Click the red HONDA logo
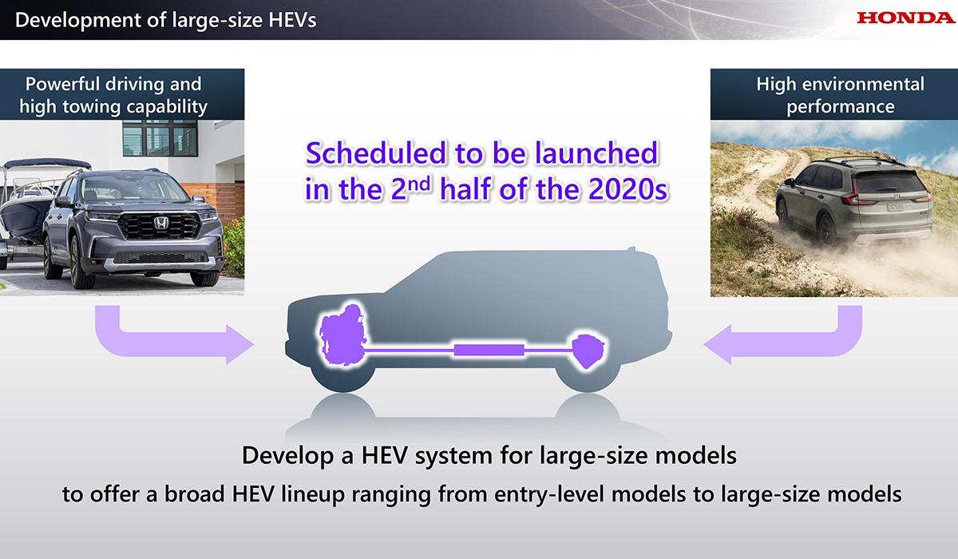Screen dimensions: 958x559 click(x=906, y=18)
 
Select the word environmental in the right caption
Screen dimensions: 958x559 click(x=863, y=84)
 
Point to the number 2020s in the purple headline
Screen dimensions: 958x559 click(x=627, y=188)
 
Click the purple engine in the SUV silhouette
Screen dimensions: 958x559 click(x=343, y=335)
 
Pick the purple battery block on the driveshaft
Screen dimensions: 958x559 click(x=489, y=350)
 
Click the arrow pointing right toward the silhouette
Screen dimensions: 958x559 click(x=171, y=338)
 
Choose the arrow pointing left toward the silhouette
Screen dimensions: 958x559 click(x=786, y=338)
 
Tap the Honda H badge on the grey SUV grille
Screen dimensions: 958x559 click(x=160, y=224)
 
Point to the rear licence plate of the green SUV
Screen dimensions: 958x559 click(x=895, y=207)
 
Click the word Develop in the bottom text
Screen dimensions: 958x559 click(x=287, y=456)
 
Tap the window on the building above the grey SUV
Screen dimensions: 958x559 click(x=160, y=138)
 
